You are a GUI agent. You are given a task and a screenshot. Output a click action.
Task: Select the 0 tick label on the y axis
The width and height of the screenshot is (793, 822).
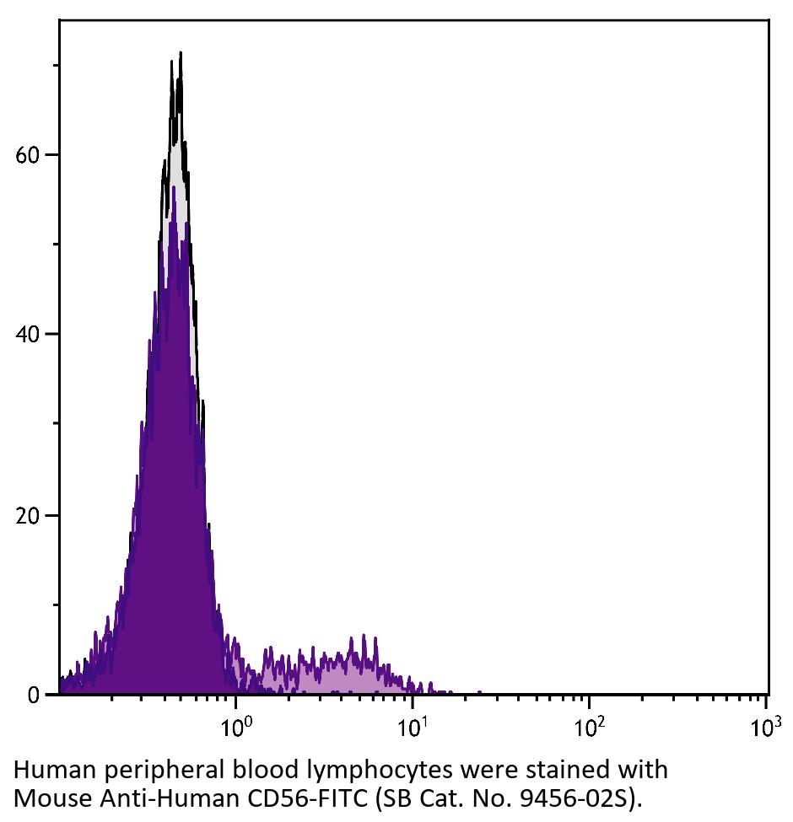click(35, 696)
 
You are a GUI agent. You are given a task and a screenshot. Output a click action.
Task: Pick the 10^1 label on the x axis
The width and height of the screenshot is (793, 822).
click(413, 724)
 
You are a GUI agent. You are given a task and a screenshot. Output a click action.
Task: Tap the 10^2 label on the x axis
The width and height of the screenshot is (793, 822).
click(590, 724)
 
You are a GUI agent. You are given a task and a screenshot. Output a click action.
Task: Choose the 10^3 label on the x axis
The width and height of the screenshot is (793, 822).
click(765, 724)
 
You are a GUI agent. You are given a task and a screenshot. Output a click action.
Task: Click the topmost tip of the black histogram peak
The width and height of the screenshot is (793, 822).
click(180, 53)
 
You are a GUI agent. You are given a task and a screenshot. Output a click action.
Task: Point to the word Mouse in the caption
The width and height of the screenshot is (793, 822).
click(42, 796)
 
